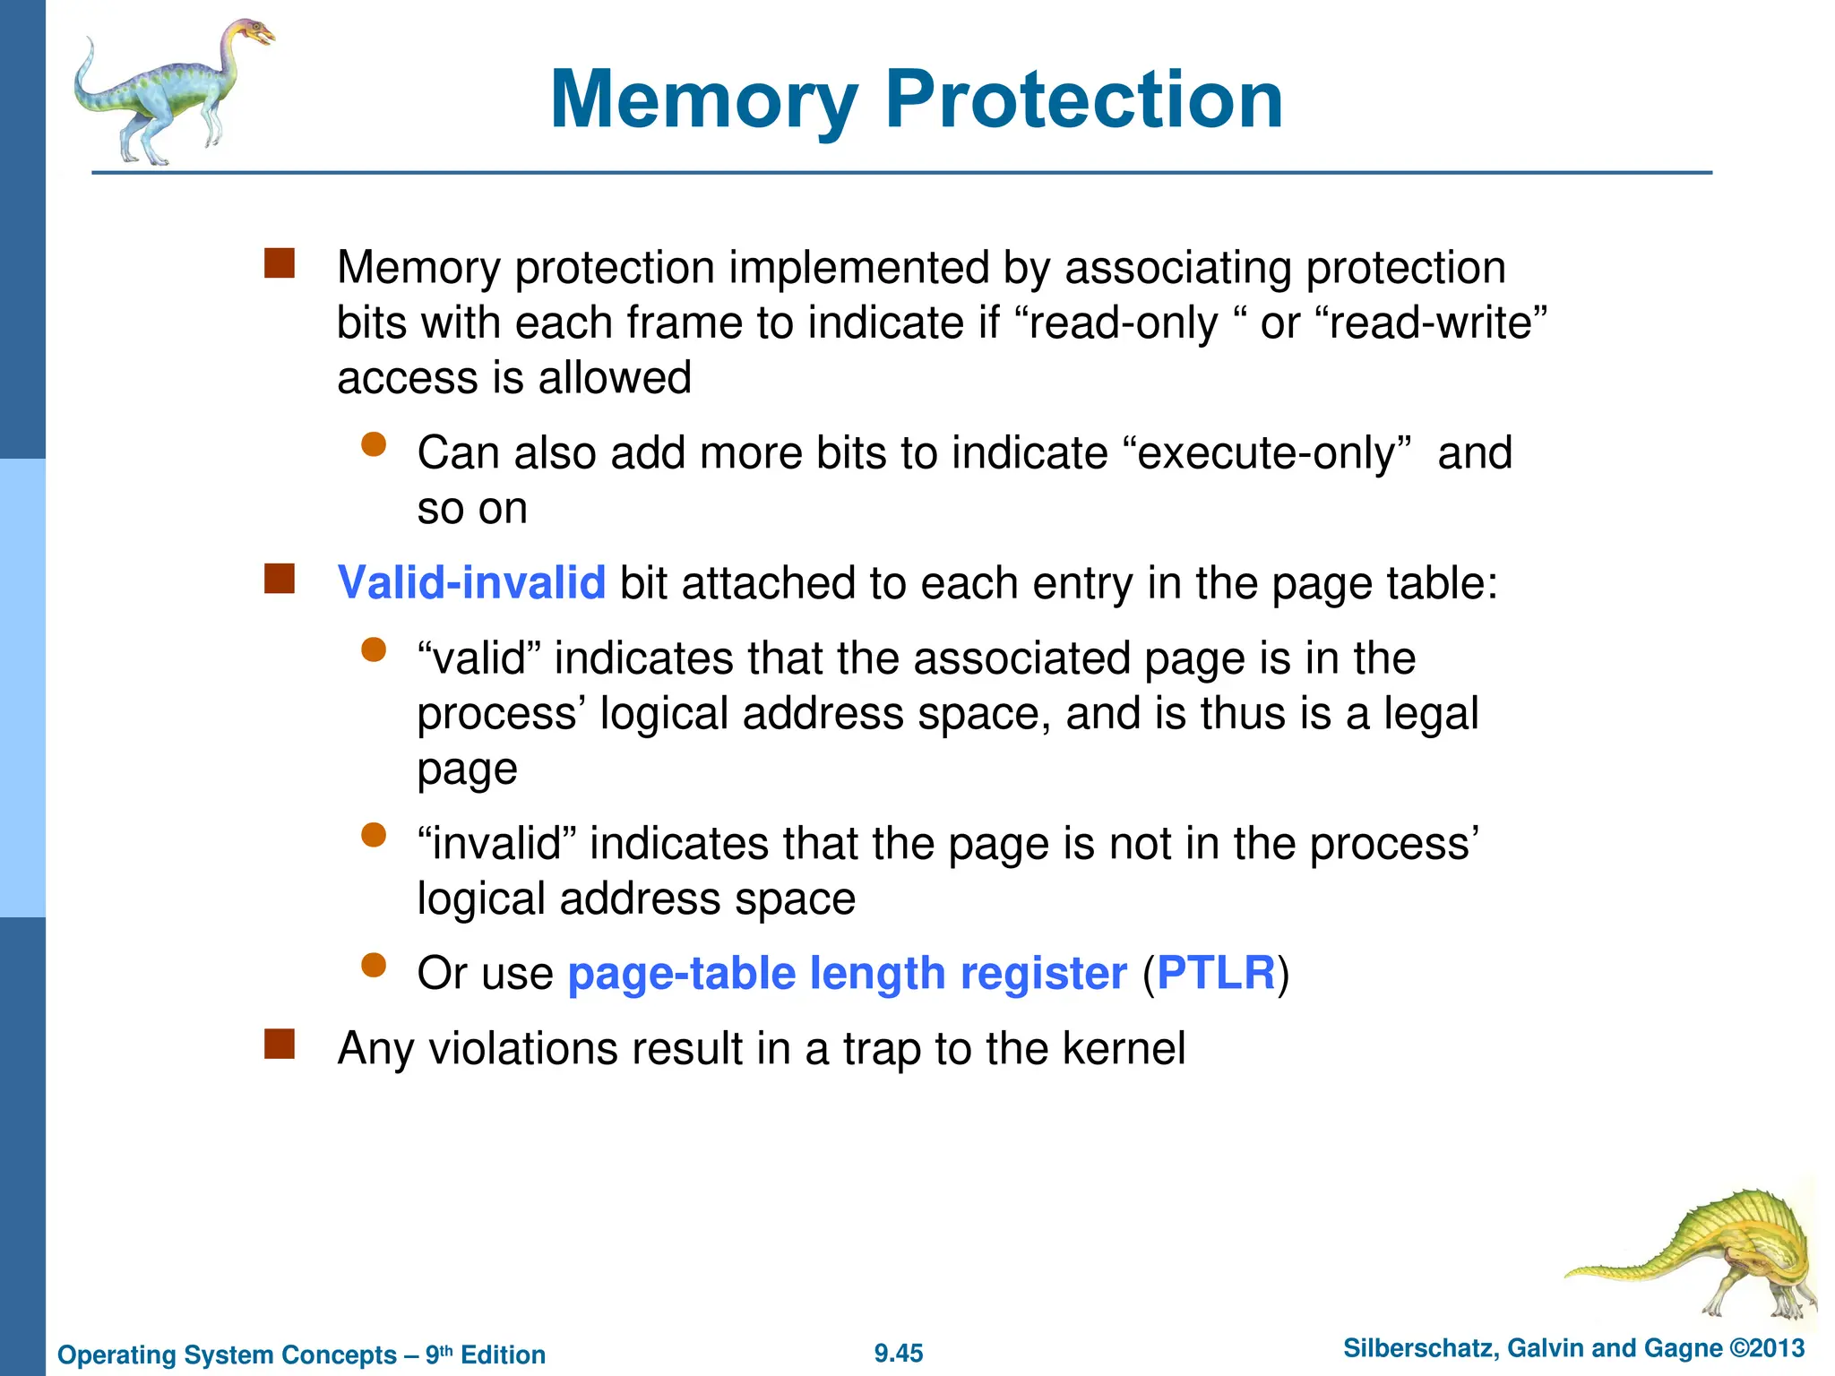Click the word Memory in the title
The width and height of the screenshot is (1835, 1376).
(704, 100)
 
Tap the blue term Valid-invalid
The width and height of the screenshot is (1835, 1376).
(471, 583)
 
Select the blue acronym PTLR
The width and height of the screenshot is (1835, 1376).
(1215, 973)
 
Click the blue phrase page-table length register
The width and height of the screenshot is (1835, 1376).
(847, 973)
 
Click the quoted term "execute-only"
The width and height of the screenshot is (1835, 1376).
(1266, 453)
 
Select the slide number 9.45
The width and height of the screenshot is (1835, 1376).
(899, 1354)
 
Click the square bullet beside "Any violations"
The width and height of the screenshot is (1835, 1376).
(280, 1044)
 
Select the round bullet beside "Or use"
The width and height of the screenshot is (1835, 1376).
(374, 965)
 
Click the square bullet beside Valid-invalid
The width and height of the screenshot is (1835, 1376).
(280, 579)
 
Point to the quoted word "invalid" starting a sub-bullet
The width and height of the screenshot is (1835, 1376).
(496, 844)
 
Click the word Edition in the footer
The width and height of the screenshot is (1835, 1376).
(503, 1355)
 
